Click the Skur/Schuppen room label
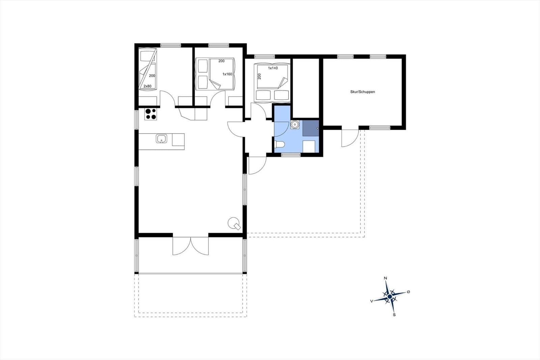[362, 92]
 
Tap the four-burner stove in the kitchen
[151, 114]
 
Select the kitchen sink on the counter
[161, 139]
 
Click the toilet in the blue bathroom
[280, 145]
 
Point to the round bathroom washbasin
[295, 125]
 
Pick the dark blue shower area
[311, 128]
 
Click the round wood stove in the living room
[234, 224]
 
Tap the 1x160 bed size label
[227, 74]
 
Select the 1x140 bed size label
[273, 68]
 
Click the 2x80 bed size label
[147, 86]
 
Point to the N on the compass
[385, 278]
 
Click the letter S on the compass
[394, 315]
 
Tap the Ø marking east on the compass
[408, 292]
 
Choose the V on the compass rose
[372, 301]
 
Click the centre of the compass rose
[389, 296]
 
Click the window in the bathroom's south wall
[291, 155]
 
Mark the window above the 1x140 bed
[265, 56]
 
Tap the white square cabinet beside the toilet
[309, 147]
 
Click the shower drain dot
[318, 128]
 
